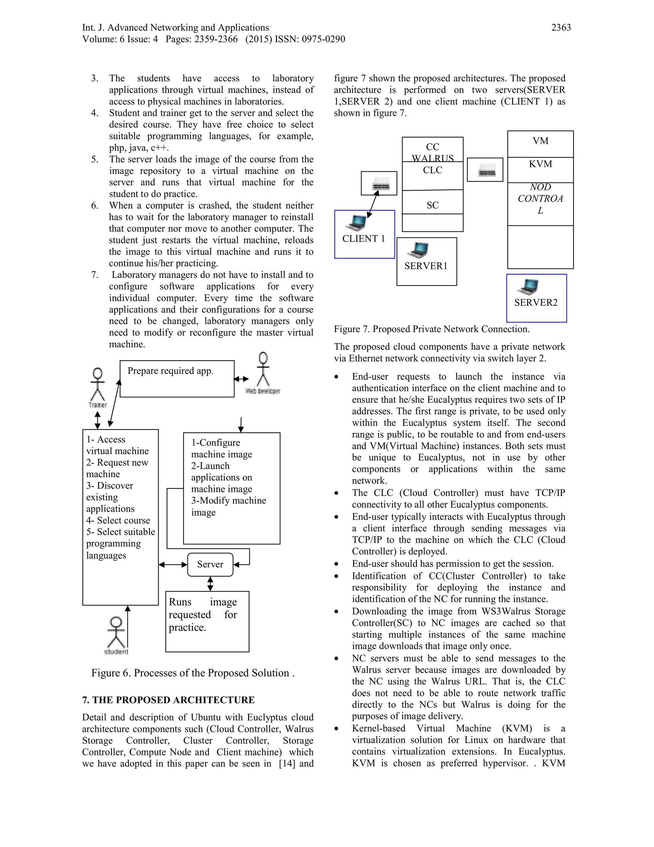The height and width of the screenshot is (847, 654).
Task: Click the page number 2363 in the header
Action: pyautogui.click(x=561, y=27)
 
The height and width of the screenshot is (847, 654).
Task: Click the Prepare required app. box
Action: pyautogui.click(x=177, y=378)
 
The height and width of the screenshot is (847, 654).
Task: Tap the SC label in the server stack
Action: pyautogui.click(x=432, y=205)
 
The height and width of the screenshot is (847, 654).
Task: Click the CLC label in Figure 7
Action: pyautogui.click(x=432, y=170)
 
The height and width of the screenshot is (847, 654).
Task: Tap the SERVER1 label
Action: pyautogui.click(x=426, y=266)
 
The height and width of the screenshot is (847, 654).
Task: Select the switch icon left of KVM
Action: pyautogui.click(x=485, y=170)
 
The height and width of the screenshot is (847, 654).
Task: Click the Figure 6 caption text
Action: pyautogui.click(x=193, y=673)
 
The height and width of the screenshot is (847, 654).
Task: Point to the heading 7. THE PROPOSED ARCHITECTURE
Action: pyautogui.click(x=168, y=700)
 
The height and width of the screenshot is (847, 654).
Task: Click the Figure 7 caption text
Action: pyautogui.click(x=431, y=329)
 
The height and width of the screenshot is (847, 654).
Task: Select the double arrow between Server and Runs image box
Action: pyautogui.click(x=210, y=583)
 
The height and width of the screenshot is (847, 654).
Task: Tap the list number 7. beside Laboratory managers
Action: pyautogui.click(x=95, y=275)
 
